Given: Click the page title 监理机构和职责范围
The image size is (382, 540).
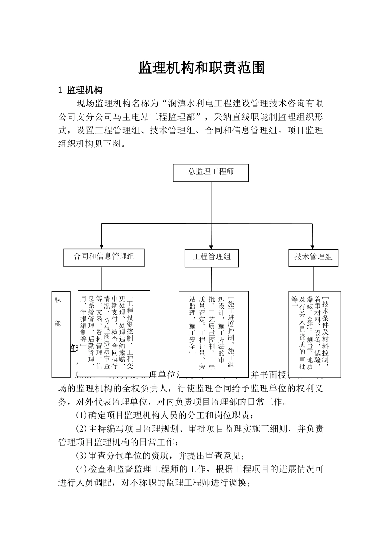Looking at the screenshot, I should point(201,68).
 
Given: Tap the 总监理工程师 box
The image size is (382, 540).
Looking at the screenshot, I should point(211,172).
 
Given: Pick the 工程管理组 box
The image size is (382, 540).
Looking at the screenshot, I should point(212,258).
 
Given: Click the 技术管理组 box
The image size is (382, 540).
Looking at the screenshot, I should point(313,258).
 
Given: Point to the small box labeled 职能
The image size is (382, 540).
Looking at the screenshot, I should point(61,334).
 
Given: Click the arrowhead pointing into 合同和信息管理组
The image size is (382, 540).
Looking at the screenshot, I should point(101,245).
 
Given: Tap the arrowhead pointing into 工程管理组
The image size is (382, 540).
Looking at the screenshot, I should point(211,246).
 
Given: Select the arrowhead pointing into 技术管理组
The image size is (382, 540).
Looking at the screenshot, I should point(313,246).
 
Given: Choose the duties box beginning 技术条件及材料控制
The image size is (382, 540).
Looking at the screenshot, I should point(314,334).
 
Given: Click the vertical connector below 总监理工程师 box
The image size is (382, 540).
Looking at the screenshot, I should point(211,202).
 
